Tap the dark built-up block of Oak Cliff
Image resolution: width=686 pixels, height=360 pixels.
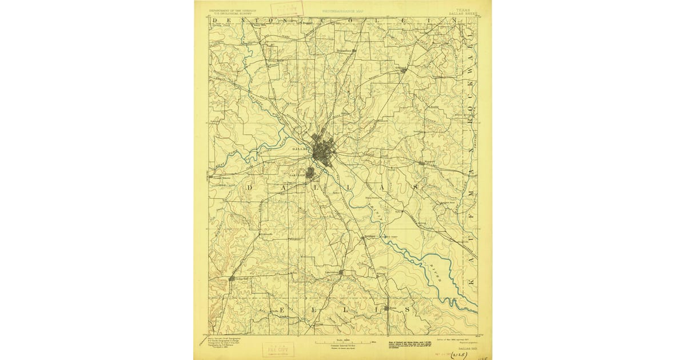(310, 172)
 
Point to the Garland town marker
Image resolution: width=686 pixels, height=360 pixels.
(403, 71)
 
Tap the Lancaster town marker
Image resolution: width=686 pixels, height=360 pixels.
(341, 273)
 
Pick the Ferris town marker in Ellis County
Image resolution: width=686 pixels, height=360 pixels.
(386, 308)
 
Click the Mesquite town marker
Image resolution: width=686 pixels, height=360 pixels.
(421, 163)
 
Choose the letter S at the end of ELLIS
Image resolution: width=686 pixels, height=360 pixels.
(407, 309)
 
